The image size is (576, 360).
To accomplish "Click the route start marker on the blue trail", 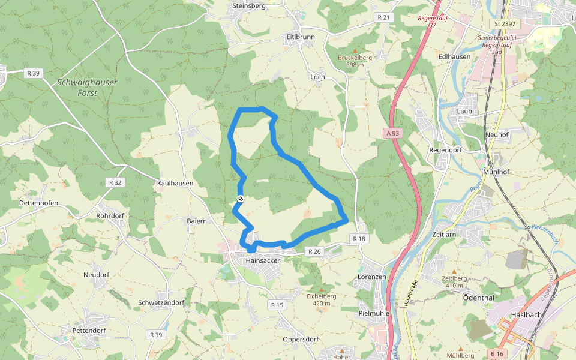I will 241,199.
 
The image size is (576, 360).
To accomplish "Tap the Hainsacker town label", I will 263,261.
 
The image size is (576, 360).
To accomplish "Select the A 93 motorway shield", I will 392,133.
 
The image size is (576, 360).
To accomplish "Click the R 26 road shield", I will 314,251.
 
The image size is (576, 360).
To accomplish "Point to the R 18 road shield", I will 359,239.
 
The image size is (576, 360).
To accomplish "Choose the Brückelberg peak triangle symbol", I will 355,51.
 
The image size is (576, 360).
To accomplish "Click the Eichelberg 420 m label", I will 322,299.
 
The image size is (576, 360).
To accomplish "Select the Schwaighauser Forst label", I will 88,88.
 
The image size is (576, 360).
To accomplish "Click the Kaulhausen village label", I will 175,183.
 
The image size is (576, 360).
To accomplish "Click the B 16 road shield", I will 496,354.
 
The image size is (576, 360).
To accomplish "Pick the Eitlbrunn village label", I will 301,37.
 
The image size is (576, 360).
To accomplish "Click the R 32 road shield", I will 115,182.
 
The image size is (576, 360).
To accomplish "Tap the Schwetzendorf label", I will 161,303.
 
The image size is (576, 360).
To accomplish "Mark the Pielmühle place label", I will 374,313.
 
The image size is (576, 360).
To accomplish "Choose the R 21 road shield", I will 383,17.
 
